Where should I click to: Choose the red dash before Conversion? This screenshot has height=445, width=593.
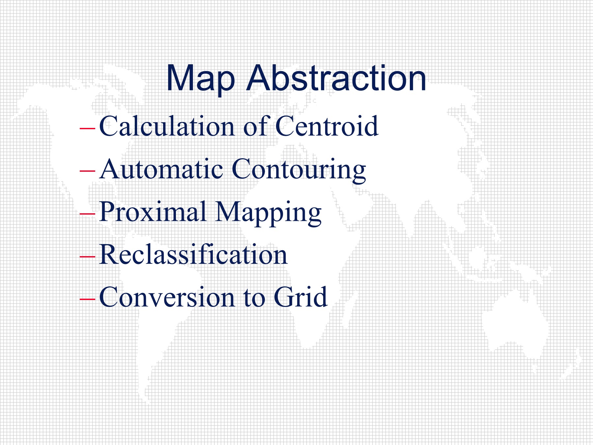pyautogui.click(x=87, y=299)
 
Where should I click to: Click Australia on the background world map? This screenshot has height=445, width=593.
pyautogui.click(x=516, y=321)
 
